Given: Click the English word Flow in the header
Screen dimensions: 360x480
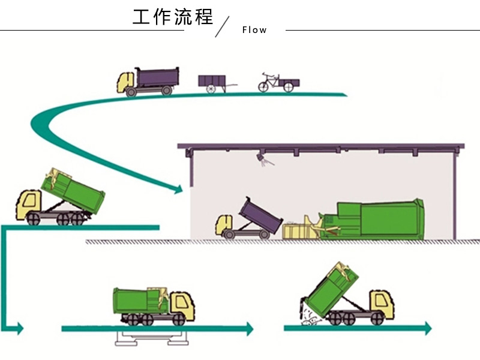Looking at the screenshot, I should pos(254,30).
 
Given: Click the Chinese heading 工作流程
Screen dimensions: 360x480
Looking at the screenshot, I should pos(173,17).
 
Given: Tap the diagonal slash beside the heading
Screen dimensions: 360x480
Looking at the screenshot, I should pos(223,27).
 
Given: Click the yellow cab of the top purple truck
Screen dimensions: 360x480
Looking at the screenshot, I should pos(127,82).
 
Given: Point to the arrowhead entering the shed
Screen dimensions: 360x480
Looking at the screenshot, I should pos(178,190).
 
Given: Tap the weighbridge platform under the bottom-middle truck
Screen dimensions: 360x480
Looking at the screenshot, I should pos(151,337).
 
